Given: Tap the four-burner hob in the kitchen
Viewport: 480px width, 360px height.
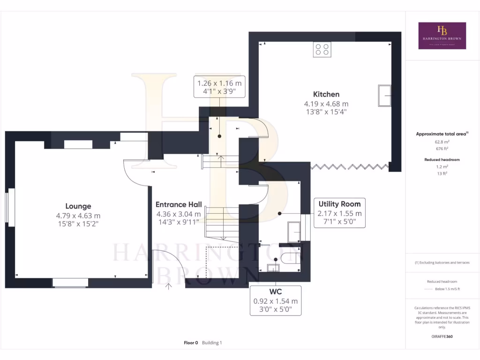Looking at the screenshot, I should pyautogui.click(x=322, y=49).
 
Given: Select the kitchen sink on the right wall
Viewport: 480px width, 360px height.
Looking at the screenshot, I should pyautogui.click(x=385, y=96).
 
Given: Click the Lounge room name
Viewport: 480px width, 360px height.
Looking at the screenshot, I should pyautogui.click(x=78, y=206).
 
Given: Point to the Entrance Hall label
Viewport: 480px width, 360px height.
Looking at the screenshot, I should pyautogui.click(x=179, y=205).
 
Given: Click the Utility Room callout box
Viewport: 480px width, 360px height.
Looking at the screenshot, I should pyautogui.click(x=339, y=213).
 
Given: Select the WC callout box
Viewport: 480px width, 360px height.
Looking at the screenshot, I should pyautogui.click(x=275, y=300).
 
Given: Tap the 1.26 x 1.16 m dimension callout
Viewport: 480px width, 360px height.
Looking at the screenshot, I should pyautogui.click(x=219, y=87).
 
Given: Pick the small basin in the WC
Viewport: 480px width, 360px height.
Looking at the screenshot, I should pyautogui.click(x=272, y=268).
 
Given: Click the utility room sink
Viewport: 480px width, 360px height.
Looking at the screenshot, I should pyautogui.click(x=294, y=232).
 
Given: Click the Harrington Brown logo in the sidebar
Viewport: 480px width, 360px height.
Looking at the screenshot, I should pyautogui.click(x=442, y=36).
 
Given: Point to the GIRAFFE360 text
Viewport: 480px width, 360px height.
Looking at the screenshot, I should pyautogui.click(x=442, y=337).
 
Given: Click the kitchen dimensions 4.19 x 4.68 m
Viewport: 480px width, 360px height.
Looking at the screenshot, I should pyautogui.click(x=326, y=104).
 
